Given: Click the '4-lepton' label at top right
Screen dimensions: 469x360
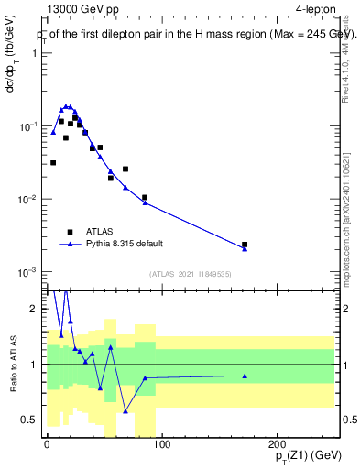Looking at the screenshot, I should pos(313,10).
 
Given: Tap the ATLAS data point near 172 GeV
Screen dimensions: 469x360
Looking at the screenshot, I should pos(245,245).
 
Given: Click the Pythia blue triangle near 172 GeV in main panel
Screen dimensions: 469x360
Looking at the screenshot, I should pos(245,249).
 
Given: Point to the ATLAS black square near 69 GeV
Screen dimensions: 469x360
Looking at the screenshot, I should pos(125,169).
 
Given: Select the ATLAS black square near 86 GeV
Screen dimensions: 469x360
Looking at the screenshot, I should pos(145,197).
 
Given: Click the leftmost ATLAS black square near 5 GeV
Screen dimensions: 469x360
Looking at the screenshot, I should pos(53,162).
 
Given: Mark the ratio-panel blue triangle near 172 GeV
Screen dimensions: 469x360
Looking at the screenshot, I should pos(245,376).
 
